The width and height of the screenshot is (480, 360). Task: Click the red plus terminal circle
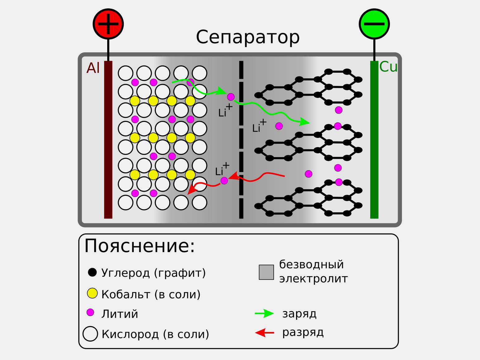pos(108,24)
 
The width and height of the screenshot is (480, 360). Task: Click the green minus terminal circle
pos(374,24)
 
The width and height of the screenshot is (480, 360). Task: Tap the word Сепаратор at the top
pos(247,37)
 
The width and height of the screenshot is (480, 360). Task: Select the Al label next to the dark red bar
pos(93,68)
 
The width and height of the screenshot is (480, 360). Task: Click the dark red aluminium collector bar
pos(108,140)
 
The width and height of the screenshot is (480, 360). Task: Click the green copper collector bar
pos(374,140)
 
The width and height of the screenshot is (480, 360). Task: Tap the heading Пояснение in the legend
pos(140,246)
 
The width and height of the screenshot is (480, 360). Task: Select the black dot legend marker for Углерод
pos(92,272)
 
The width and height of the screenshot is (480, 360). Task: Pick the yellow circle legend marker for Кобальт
pos(92,293)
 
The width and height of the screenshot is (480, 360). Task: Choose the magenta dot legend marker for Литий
pos(90,312)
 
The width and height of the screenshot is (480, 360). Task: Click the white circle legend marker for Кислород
pos(90,334)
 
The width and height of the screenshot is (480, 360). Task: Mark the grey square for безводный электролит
pos(266,272)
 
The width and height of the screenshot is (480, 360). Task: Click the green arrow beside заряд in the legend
pos(264,314)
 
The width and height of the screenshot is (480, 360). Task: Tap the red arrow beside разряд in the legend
pos(265,333)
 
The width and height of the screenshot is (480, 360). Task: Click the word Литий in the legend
pos(120,314)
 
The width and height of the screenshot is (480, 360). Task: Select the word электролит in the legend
pos(313,279)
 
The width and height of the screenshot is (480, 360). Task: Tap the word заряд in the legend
pos(299,314)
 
